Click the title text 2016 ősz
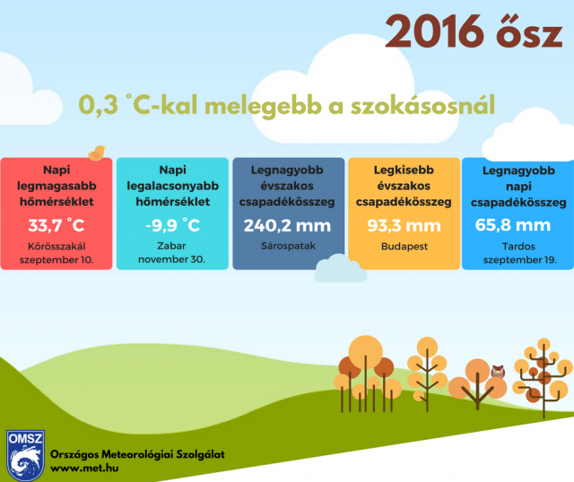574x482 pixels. (x=474, y=32)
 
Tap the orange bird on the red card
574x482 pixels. (x=97, y=153)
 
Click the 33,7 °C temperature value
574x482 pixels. (x=57, y=225)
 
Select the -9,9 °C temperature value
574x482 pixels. (x=172, y=225)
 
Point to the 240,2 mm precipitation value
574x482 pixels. (x=287, y=225)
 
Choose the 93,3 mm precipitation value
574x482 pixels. (x=404, y=225)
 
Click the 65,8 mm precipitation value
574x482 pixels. (x=513, y=225)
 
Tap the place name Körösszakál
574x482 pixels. (x=57, y=246)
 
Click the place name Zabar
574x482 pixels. (x=171, y=246)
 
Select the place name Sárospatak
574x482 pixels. (x=288, y=246)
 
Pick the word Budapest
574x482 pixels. (x=404, y=247)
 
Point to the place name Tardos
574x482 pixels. (x=518, y=246)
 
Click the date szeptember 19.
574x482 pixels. (x=520, y=260)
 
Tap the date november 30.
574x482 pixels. (x=171, y=259)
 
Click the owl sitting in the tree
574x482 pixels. (x=498, y=372)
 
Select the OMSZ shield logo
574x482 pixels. (x=25, y=455)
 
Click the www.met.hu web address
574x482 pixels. (x=84, y=468)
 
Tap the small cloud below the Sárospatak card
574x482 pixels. (x=341, y=268)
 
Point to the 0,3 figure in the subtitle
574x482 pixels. (x=98, y=105)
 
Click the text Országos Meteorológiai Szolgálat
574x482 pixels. (x=137, y=454)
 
